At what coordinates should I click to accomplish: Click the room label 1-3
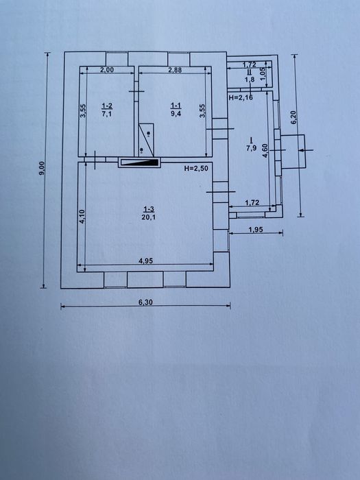click(149, 209)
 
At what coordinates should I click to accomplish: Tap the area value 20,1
click(149, 217)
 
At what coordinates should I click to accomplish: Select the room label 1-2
click(107, 106)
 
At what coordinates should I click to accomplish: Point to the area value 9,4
click(176, 115)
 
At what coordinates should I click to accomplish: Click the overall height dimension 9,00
click(43, 169)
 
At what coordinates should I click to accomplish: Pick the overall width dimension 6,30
click(145, 302)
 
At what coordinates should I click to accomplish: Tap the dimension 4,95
click(145, 261)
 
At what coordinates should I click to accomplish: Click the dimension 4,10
click(82, 217)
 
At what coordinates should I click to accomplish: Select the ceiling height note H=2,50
click(196, 168)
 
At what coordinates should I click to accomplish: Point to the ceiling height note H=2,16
click(241, 97)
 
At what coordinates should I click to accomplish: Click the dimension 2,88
click(175, 70)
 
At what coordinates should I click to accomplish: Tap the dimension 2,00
click(107, 70)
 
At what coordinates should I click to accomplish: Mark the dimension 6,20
click(293, 117)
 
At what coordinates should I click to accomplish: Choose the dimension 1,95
click(256, 229)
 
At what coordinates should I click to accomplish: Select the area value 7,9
click(252, 149)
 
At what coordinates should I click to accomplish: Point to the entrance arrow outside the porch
click(306, 150)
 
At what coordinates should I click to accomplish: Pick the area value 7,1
click(107, 115)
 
